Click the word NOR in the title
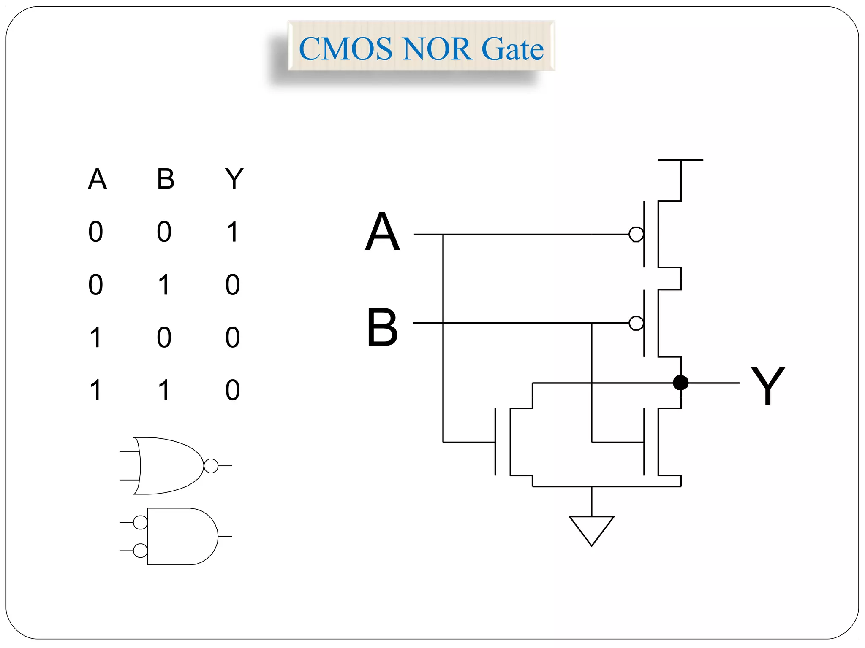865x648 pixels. (437, 49)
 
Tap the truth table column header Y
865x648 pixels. (234, 179)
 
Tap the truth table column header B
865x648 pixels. (166, 179)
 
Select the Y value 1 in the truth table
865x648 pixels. (233, 232)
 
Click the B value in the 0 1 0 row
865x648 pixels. (164, 284)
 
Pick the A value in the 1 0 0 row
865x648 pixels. (96, 337)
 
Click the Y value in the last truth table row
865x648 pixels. (233, 390)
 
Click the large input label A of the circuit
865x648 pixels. (382, 232)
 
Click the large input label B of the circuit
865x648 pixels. (382, 327)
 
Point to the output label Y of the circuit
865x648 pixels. (767, 386)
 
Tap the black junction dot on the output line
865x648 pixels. (680, 383)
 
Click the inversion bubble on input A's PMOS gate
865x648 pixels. (636, 234)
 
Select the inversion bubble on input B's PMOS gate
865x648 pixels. (636, 323)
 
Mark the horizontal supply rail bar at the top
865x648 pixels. (680, 160)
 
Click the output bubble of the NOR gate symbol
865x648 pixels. (211, 466)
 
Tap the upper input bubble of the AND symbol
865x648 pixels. (140, 522)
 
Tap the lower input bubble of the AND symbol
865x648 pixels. (140, 551)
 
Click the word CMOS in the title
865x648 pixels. (345, 49)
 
